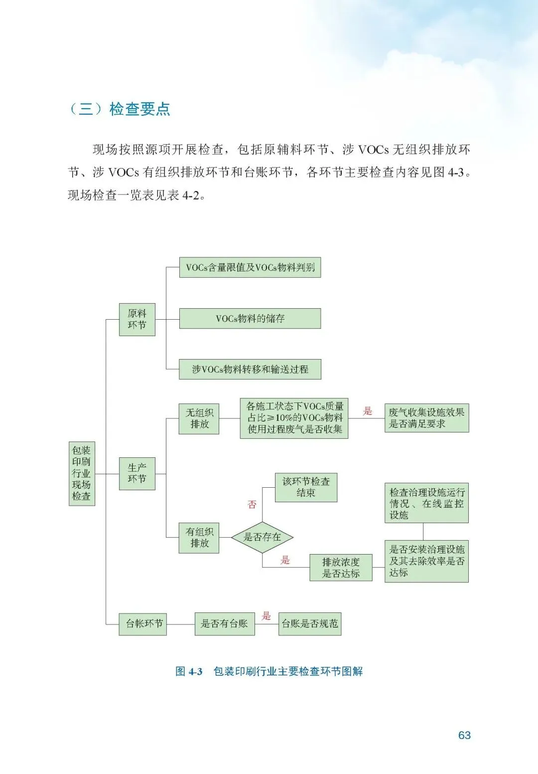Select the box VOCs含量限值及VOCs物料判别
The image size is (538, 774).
click(250, 267)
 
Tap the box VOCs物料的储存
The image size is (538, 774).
click(250, 318)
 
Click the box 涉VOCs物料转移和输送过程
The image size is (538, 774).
click(250, 369)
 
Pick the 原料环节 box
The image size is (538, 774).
click(137, 319)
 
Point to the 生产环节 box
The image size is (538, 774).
click(137, 473)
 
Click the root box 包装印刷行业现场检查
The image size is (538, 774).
click(82, 473)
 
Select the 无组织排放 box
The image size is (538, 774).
click(199, 418)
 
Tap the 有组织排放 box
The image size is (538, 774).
click(199, 538)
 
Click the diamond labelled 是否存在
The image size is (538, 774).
click(262, 537)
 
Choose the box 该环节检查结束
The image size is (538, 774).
click(306, 487)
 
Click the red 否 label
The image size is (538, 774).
click(252, 505)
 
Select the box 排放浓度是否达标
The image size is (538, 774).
click(341, 568)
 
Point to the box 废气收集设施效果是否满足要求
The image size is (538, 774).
click(426, 418)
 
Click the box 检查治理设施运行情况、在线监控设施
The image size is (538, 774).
click(426, 503)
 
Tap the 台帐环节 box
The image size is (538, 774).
click(142, 623)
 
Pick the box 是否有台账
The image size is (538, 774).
click(224, 623)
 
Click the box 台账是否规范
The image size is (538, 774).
click(309, 623)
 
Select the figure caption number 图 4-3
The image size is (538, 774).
click(189, 671)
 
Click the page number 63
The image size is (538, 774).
click(464, 735)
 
